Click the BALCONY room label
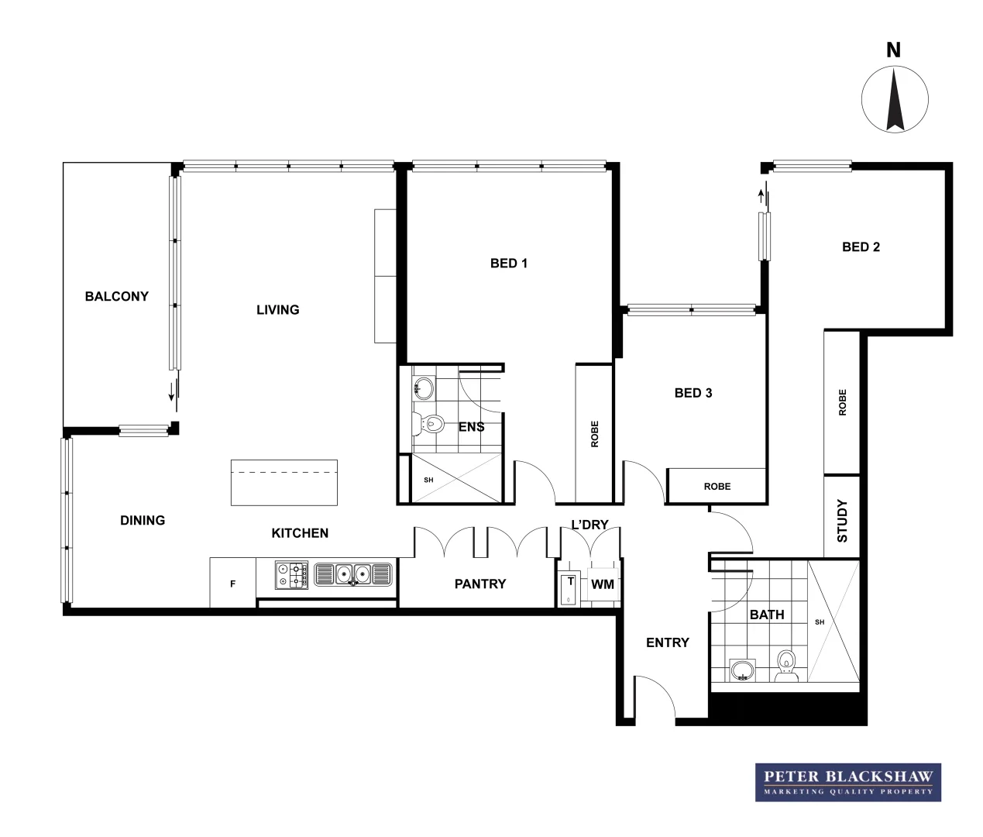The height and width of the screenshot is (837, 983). click(x=116, y=296)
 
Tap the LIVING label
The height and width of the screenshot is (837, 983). click(x=277, y=310)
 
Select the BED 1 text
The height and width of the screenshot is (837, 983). click(x=508, y=263)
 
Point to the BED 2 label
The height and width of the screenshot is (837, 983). click(x=861, y=247)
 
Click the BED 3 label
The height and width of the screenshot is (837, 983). click(x=693, y=393)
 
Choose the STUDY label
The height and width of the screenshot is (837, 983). click(x=843, y=521)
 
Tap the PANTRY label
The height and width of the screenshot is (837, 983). click(x=479, y=584)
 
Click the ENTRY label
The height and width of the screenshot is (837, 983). click(x=667, y=642)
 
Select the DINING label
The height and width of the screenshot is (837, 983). click(x=143, y=521)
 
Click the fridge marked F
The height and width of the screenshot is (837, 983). click(x=232, y=584)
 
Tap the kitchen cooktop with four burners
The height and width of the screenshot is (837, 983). click(x=291, y=575)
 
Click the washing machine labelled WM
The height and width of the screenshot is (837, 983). click(x=602, y=584)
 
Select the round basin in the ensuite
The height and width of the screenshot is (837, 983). click(x=423, y=387)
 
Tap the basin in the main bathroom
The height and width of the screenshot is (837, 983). click(x=743, y=670)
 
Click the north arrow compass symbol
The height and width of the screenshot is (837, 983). click(x=895, y=99)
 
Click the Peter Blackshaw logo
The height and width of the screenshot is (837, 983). click(x=848, y=782)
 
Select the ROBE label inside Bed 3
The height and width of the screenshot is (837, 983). click(x=717, y=487)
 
